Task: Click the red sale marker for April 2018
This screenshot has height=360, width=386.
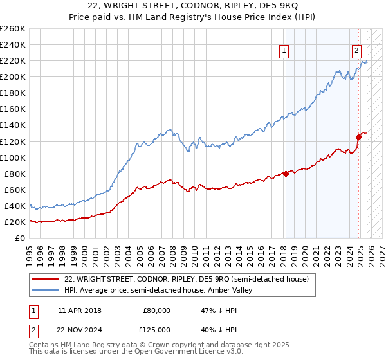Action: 285,174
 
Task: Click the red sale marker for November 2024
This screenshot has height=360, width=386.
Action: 359,137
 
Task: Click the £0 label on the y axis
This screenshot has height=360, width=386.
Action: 19,238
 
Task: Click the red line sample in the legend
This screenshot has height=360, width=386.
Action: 45,279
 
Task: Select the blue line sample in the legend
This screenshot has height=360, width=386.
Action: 45,290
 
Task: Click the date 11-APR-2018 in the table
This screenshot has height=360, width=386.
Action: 79,310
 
